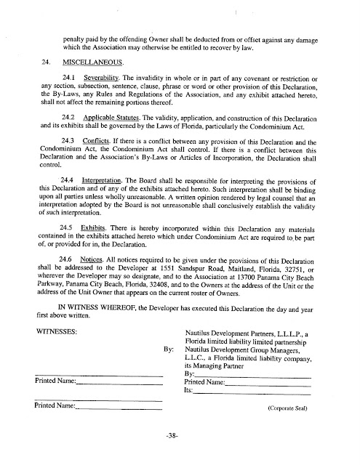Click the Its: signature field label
pyautogui.click(x=188, y=391)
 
